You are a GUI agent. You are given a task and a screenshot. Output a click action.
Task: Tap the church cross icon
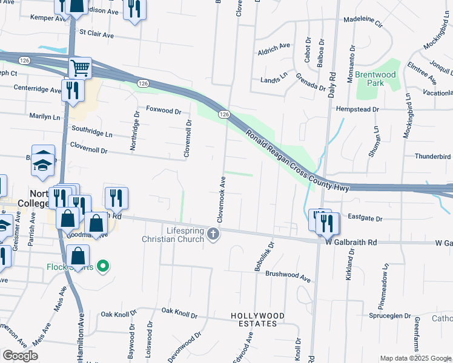point(213,234)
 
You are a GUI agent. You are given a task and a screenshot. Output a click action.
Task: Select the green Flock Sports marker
point(103,266)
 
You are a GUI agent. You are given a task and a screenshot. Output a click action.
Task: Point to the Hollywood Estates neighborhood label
point(257,320)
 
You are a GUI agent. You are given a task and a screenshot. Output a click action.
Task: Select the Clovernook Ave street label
point(223,199)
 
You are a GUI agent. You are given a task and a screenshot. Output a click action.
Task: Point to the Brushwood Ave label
point(288,277)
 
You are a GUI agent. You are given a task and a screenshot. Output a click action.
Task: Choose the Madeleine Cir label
point(363,23)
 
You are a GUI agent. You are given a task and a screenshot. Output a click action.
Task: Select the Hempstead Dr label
point(357,110)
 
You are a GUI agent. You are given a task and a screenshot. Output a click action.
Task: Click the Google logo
point(20,356)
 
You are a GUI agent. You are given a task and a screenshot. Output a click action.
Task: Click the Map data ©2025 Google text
point(415,358)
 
